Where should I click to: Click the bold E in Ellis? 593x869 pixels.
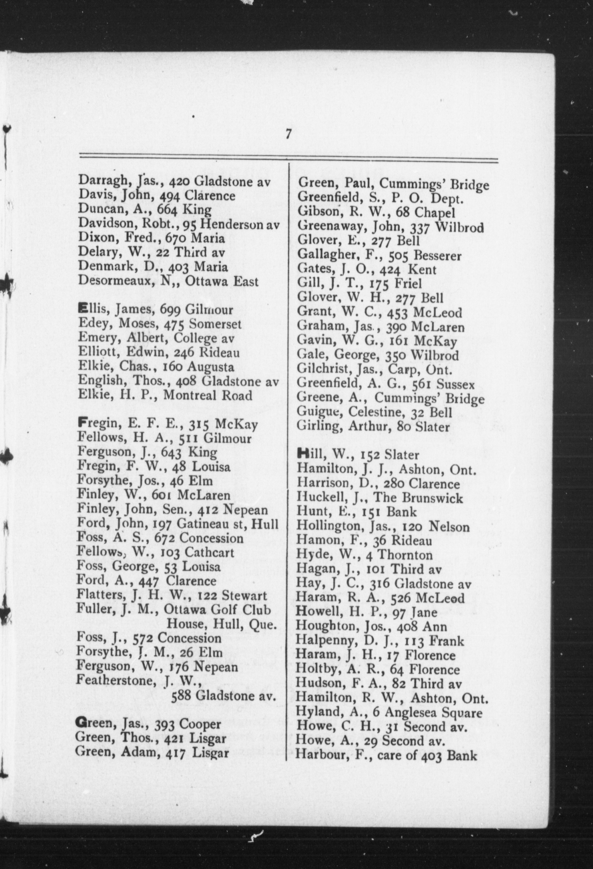(82, 309)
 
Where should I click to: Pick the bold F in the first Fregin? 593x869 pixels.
(81, 424)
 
